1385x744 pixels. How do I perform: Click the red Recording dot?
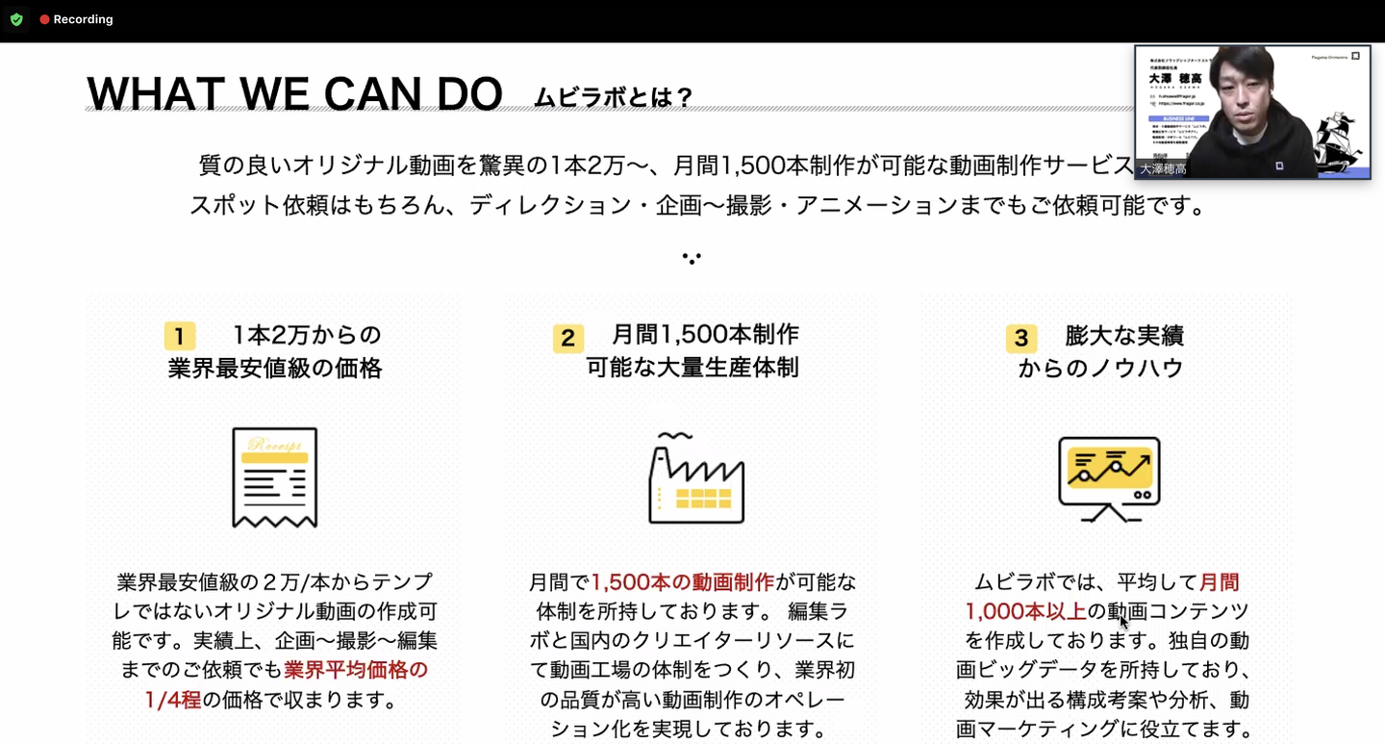pyautogui.click(x=44, y=19)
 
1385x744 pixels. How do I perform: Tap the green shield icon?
pyautogui.click(x=16, y=19)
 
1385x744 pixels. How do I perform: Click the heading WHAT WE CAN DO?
pyautogui.click(x=294, y=94)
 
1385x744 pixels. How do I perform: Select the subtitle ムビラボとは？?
pyautogui.click(x=614, y=98)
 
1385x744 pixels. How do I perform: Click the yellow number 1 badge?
pyautogui.click(x=180, y=336)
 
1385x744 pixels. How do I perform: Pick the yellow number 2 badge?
pyautogui.click(x=567, y=338)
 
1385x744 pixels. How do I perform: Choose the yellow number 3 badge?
pyautogui.click(x=1021, y=338)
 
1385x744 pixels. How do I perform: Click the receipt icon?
pyautogui.click(x=275, y=477)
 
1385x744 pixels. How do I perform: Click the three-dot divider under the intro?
pyautogui.click(x=692, y=258)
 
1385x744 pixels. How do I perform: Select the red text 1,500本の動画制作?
pyautogui.click(x=682, y=582)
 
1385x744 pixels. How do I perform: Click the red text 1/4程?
pyautogui.click(x=173, y=700)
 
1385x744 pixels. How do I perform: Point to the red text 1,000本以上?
pyautogui.click(x=1026, y=611)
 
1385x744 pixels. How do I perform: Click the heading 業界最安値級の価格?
pyautogui.click(x=275, y=369)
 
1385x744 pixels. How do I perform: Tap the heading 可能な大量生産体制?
pyautogui.click(x=692, y=368)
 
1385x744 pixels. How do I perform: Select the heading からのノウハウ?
pyautogui.click(x=1100, y=368)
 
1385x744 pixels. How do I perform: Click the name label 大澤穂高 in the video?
pyautogui.click(x=1162, y=168)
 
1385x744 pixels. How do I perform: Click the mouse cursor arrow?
pyautogui.click(x=1123, y=622)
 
